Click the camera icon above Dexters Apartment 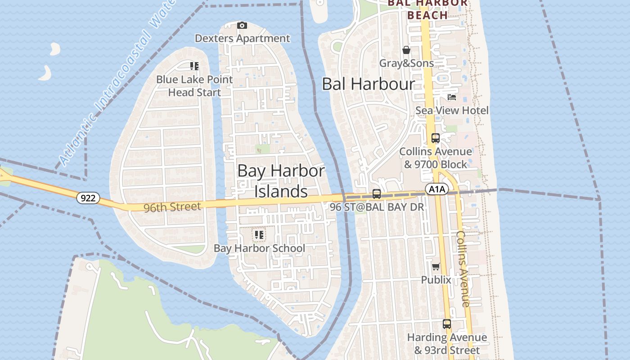(x=242, y=26)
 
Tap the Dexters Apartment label (x=242, y=39)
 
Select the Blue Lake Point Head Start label (x=194, y=86)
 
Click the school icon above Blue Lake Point (x=194, y=67)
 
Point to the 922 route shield (x=88, y=198)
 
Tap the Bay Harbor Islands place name (x=281, y=181)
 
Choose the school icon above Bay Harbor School (x=259, y=235)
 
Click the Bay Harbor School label (x=259, y=248)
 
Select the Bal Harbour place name (x=368, y=84)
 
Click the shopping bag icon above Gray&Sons (x=406, y=50)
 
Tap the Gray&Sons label (x=406, y=63)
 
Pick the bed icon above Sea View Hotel (x=452, y=97)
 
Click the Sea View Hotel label (x=452, y=110)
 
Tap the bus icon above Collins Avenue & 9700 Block (x=435, y=138)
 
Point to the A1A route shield (x=437, y=189)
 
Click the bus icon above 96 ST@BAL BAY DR (x=377, y=194)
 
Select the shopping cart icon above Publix (x=436, y=267)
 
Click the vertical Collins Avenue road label (x=463, y=269)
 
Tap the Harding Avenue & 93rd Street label (x=447, y=344)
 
